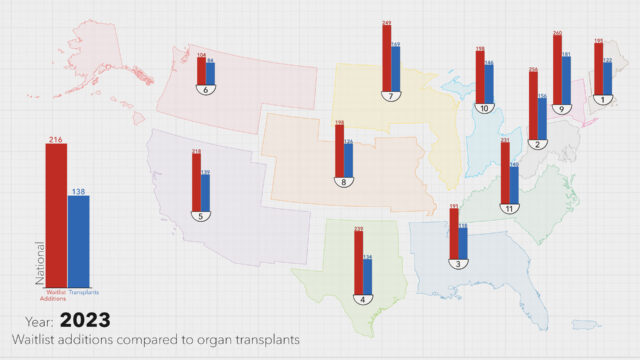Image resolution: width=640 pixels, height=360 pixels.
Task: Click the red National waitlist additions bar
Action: (56, 215)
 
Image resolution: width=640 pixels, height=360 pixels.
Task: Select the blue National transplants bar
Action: (78, 240)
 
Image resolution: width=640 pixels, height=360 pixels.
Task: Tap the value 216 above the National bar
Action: (56, 140)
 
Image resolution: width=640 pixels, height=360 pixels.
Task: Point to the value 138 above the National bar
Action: (78, 190)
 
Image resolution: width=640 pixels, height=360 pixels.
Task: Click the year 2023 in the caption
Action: (84, 321)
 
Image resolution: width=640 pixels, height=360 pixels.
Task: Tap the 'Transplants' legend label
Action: (84, 292)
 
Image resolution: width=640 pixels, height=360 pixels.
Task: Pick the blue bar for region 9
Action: (565, 79)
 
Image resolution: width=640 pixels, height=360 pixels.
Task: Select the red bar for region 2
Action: (533, 105)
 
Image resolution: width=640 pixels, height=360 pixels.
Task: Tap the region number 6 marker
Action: (206, 90)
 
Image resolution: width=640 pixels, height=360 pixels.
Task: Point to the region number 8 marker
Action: (343, 181)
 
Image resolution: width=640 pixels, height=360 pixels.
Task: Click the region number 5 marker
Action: (201, 215)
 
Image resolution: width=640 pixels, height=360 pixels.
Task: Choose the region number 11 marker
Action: (509, 208)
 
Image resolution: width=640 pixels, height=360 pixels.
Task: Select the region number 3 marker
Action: (457, 264)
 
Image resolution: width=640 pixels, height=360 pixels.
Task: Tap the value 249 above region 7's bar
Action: (386, 22)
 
